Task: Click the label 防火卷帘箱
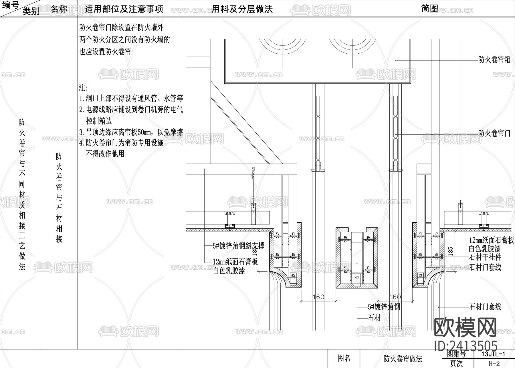tap(494, 60)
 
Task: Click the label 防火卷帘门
tap(494, 133)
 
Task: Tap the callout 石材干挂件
tap(485, 257)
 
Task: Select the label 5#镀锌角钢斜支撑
tap(238, 246)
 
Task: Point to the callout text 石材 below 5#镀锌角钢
tap(375, 318)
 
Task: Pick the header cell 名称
tap(59, 9)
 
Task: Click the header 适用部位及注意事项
tap(124, 9)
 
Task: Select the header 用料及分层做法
tap(242, 9)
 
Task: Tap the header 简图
tap(429, 9)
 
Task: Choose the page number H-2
tap(494, 363)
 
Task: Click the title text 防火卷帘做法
tap(403, 359)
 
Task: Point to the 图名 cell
tap(344, 358)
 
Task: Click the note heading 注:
tap(84, 88)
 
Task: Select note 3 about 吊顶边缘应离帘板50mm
tap(131, 132)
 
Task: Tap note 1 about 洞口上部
tap(131, 99)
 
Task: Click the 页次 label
tap(456, 363)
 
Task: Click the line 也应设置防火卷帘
tap(105, 52)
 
